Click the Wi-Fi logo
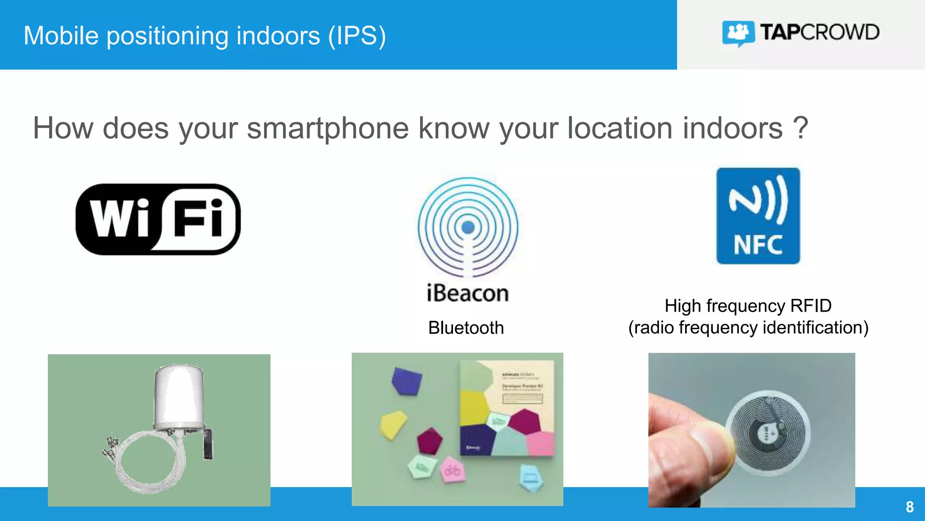(x=158, y=219)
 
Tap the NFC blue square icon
(x=758, y=216)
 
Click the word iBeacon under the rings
(x=467, y=293)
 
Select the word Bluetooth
(x=466, y=328)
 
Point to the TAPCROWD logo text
(x=819, y=33)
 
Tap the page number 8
(x=910, y=507)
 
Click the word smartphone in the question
(x=327, y=128)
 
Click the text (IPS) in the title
(x=357, y=36)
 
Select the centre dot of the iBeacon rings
(x=468, y=227)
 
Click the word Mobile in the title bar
(x=61, y=36)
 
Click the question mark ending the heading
(x=800, y=128)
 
